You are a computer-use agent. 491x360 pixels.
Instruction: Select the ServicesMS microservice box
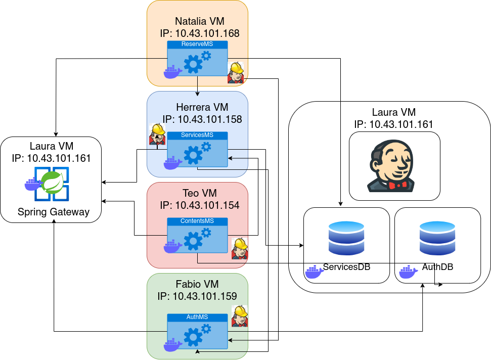tap(197, 149)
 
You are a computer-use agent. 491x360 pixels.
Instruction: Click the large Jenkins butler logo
tap(394, 166)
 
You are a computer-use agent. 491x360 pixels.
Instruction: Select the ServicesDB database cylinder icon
tap(346, 238)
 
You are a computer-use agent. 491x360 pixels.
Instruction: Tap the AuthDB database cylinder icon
tap(437, 238)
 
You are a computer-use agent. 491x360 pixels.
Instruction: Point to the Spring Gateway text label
tap(54, 212)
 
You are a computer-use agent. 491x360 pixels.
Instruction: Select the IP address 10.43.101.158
tap(210, 119)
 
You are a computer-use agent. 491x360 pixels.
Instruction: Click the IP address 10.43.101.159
tap(205, 296)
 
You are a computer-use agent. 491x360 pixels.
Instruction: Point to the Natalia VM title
tap(200, 21)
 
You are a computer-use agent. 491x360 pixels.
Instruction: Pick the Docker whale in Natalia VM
tap(172, 72)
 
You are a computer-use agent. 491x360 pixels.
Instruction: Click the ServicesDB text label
tap(347, 266)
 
